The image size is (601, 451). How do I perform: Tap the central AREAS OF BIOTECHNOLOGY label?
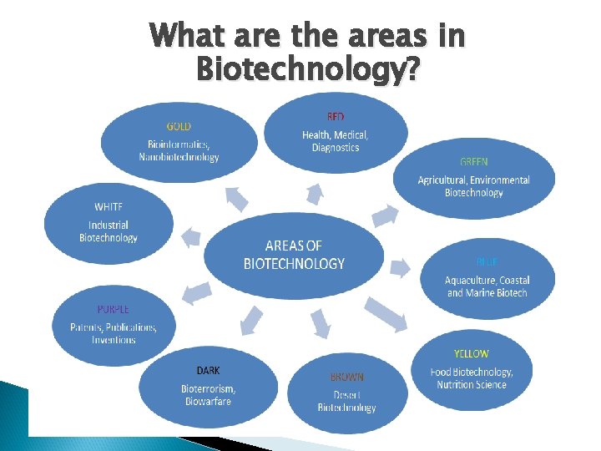click(294, 254)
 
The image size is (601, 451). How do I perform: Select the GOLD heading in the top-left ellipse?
click(179, 126)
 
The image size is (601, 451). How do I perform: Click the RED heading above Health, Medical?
click(335, 116)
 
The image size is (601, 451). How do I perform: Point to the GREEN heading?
click(473, 161)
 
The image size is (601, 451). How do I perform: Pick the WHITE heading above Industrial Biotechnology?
click(109, 206)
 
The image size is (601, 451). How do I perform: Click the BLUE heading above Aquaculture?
click(487, 261)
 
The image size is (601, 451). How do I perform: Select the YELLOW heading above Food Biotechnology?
click(472, 354)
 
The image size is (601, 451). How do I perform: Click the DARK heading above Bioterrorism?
click(209, 370)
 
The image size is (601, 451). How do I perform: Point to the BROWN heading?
click(346, 378)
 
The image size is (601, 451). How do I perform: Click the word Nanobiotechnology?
click(179, 157)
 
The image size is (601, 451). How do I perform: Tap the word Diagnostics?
click(336, 148)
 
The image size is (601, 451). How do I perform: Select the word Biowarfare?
click(208, 402)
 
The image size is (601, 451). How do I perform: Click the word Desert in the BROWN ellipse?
click(346, 394)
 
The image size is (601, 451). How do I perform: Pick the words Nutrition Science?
click(472, 385)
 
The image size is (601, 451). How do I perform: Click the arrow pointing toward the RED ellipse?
click(315, 195)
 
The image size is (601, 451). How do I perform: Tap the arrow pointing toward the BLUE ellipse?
click(400, 267)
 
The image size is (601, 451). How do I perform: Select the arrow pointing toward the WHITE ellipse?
click(191, 237)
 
